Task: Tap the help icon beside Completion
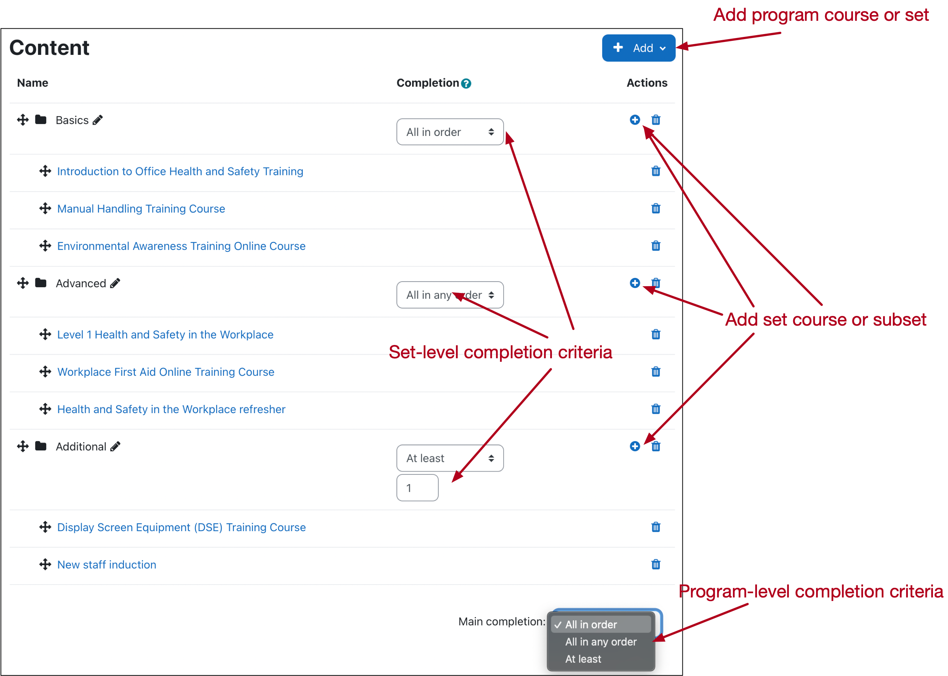[x=466, y=84]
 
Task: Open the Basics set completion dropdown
[x=450, y=132]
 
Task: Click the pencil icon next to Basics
[x=98, y=120]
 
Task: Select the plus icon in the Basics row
[x=634, y=120]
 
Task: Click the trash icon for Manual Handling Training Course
[x=656, y=209]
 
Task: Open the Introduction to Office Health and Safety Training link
[x=180, y=171]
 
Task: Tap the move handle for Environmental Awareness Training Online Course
[x=45, y=246]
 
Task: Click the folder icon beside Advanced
[x=41, y=283]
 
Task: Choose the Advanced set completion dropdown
[x=450, y=295]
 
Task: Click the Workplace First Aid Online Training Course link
[x=166, y=372]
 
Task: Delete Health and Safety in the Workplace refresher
[x=656, y=409]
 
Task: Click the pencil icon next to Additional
[x=115, y=446]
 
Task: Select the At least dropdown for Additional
[x=450, y=458]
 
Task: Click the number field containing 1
[x=417, y=488]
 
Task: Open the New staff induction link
[x=107, y=565]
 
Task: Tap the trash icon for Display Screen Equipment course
[x=656, y=528]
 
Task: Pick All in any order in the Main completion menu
[x=600, y=642]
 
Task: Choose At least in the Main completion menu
[x=583, y=659]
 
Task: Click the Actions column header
[x=647, y=83]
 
